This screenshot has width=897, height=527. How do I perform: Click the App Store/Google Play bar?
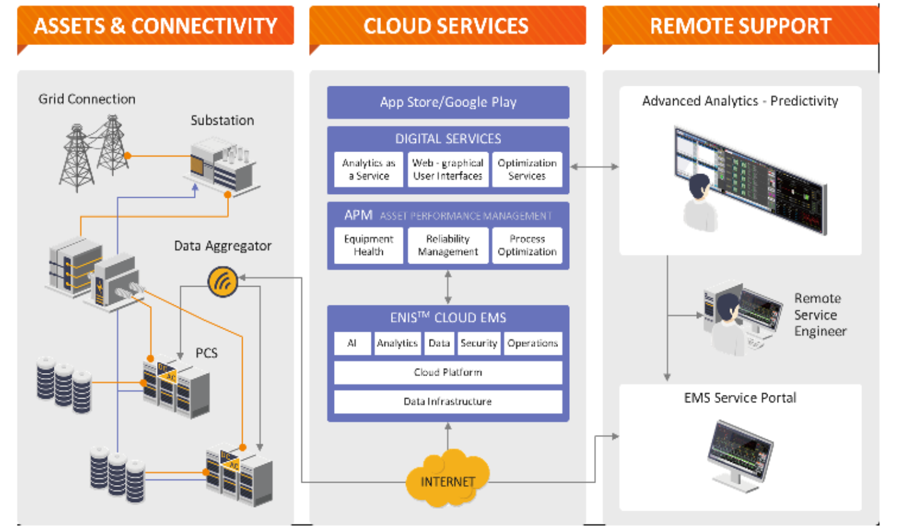[x=448, y=102]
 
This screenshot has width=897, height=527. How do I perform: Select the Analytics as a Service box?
[x=368, y=170]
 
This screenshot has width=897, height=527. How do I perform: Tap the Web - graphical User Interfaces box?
[x=448, y=170]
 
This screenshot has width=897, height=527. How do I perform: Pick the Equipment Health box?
[x=368, y=245]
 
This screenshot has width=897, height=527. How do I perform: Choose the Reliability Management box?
[x=448, y=245]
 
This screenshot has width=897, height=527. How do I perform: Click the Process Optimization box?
[x=527, y=245]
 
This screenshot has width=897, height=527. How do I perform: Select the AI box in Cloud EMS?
[x=352, y=343]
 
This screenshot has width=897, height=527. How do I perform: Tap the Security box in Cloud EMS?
[x=479, y=343]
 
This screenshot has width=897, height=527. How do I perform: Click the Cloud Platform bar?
[x=448, y=372]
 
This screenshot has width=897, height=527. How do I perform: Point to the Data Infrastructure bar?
[x=448, y=402]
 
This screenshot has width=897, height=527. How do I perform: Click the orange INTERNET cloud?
[x=448, y=479]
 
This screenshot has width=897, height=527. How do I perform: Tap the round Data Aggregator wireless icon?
[x=223, y=282]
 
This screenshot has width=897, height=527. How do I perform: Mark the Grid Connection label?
[x=87, y=99]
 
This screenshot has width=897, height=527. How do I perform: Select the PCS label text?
[x=206, y=353]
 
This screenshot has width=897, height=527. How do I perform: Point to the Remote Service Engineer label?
[x=820, y=315]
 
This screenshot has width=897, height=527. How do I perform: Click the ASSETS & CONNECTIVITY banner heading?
[x=155, y=26]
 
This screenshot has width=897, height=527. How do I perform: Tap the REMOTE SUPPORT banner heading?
[x=741, y=26]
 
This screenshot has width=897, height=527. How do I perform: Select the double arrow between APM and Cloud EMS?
[x=448, y=287]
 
